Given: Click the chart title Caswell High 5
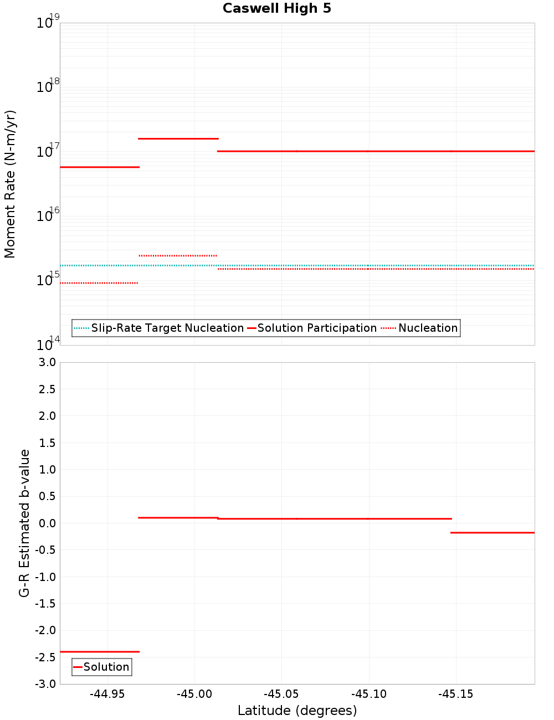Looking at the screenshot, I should (276, 9).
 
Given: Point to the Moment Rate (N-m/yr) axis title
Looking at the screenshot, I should (10, 184).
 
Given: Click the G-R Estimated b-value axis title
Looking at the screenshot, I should (24, 523).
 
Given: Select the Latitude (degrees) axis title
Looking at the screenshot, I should (297, 711).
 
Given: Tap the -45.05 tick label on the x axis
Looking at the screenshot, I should (281, 695).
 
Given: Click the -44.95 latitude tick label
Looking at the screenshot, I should (107, 695).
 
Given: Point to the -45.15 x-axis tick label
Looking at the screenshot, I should (455, 695).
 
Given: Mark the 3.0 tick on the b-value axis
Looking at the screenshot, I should (47, 363).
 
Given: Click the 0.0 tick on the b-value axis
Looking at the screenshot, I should (47, 523).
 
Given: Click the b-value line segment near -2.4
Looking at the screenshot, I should (100, 652).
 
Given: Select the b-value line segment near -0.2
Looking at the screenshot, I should (493, 533).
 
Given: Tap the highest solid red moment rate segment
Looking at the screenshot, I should (178, 138).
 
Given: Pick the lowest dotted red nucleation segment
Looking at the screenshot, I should (99, 283).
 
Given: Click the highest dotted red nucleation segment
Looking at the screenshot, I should (178, 256).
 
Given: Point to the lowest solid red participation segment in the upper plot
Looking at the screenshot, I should (100, 167).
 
